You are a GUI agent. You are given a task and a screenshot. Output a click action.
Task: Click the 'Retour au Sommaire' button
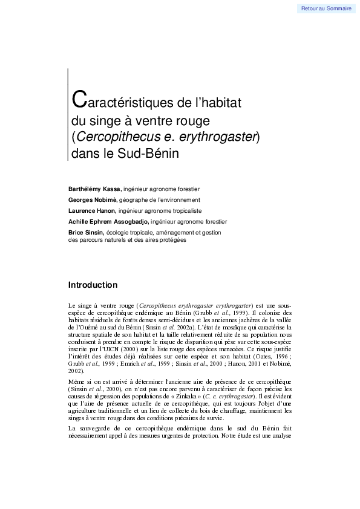326,8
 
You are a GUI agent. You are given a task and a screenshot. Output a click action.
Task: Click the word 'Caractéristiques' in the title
114,100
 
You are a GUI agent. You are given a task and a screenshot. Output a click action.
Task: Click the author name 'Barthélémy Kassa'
95,189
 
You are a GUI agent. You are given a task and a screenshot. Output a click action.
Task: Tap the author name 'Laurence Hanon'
92,210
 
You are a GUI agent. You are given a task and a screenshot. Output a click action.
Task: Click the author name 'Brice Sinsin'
86,233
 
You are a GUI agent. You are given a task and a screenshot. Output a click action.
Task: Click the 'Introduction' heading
93,285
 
